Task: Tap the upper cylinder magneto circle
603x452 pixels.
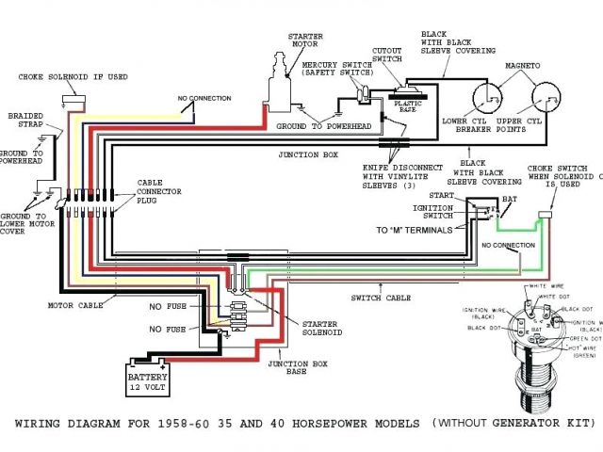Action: click(543, 96)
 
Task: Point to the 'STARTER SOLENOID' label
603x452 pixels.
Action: click(318, 327)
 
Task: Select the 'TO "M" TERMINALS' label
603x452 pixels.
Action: click(411, 229)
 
